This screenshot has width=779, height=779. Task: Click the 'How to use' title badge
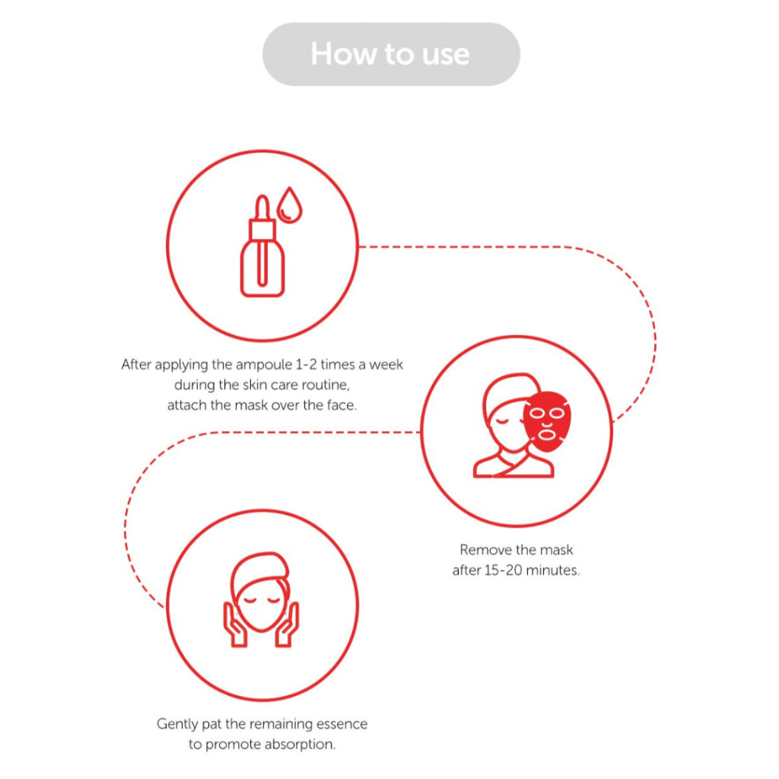pyautogui.click(x=391, y=54)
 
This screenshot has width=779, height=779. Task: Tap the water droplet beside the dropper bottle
pyautogui.click(x=289, y=205)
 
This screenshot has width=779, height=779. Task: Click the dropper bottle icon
pyautogui.click(x=262, y=246)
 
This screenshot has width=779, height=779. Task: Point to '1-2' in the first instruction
pyautogui.click(x=306, y=364)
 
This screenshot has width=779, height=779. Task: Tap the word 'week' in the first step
pyautogui.click(x=386, y=364)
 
